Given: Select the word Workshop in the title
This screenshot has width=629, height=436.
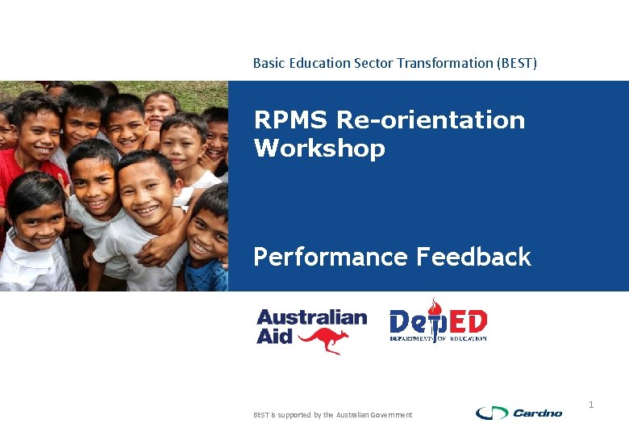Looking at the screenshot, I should [319, 149].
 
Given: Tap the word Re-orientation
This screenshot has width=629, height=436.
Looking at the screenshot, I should [431, 120].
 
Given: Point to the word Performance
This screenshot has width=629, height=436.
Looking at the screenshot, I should [331, 257].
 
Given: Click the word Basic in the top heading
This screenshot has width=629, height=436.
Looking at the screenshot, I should [268, 63].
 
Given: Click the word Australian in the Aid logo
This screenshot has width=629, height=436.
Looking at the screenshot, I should [311, 317].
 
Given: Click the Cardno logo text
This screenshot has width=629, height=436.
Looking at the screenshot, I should [538, 413].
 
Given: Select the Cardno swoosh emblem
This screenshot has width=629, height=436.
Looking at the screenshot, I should [491, 413].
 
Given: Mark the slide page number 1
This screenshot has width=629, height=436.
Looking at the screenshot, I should [591, 404].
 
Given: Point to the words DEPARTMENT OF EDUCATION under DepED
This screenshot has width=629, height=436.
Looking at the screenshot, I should [438, 338].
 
